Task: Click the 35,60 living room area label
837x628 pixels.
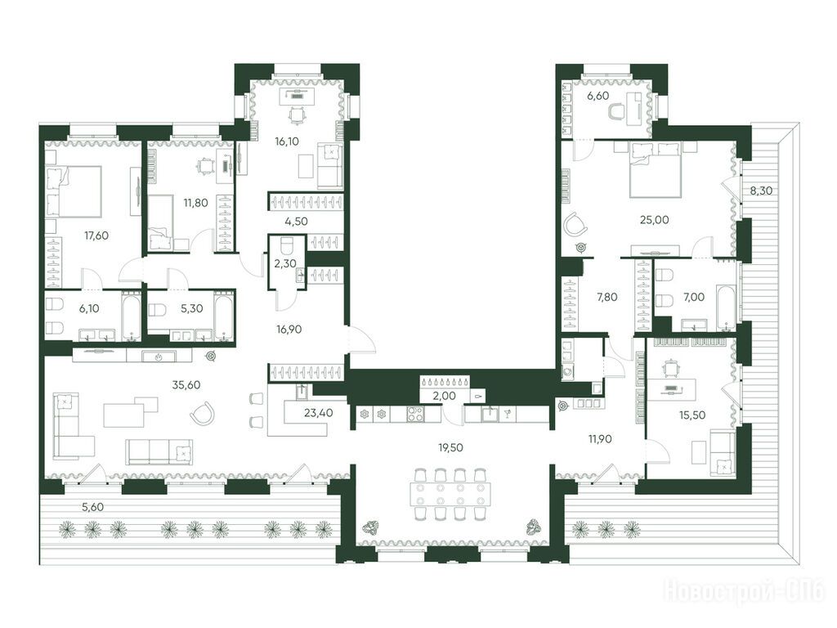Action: tap(186, 384)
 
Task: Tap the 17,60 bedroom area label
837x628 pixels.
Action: tap(96, 235)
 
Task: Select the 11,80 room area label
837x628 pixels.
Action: tap(195, 203)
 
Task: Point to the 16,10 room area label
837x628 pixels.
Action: tap(287, 141)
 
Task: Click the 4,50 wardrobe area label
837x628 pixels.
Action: tap(296, 221)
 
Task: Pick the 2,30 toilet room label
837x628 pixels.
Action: tap(285, 264)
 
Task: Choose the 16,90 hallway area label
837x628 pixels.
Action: tap(289, 330)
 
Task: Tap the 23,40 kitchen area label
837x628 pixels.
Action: tap(318, 412)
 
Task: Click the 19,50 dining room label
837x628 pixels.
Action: tap(450, 447)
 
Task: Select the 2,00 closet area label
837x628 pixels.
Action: tap(444, 397)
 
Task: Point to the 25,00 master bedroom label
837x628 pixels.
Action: tap(655, 219)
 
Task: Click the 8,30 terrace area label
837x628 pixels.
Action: tap(761, 190)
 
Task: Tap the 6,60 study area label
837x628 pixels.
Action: tap(598, 96)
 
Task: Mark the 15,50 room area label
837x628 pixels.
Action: tap(692, 415)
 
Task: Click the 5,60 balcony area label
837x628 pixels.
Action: tap(93, 507)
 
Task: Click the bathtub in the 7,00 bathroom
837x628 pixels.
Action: tap(726, 307)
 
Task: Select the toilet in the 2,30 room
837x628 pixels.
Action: tap(287, 246)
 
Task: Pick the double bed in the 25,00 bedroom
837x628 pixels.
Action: tap(656, 169)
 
